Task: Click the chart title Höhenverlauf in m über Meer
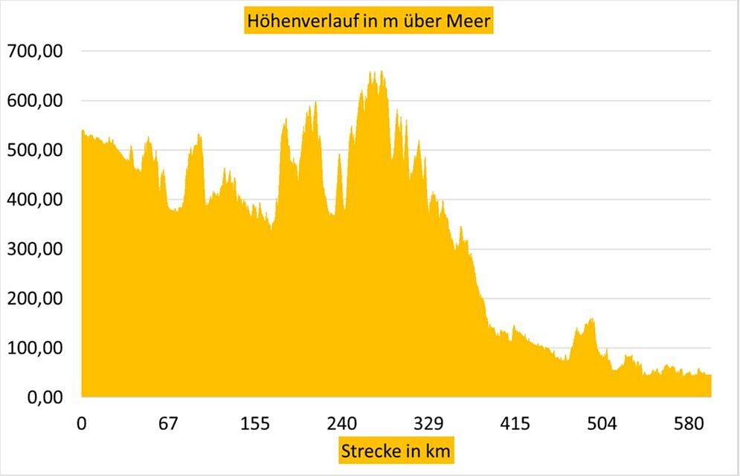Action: tap(370, 22)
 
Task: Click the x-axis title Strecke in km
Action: tap(396, 450)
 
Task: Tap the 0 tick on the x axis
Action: tap(82, 424)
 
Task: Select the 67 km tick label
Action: tap(168, 424)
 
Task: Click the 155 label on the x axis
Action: tap(255, 424)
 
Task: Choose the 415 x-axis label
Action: tap(515, 424)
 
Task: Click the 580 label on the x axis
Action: tap(689, 424)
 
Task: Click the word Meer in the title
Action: tap(469, 22)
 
